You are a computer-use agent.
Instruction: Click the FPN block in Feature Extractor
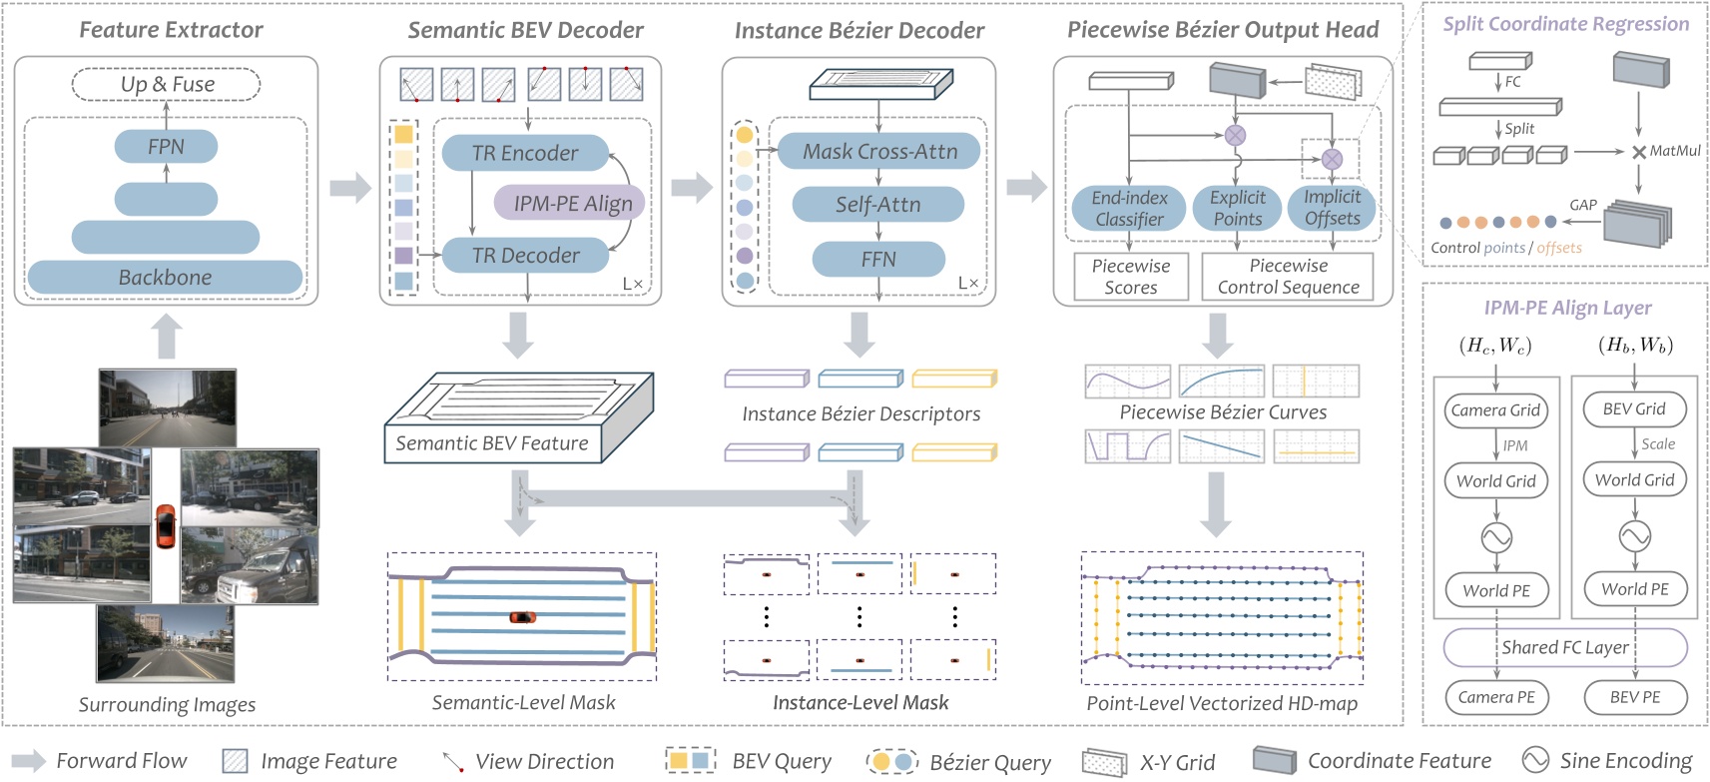tap(166, 147)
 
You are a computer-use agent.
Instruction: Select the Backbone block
tap(165, 278)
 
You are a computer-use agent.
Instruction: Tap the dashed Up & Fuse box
tap(167, 84)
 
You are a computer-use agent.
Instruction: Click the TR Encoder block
tap(525, 153)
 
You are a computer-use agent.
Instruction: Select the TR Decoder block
tap(525, 256)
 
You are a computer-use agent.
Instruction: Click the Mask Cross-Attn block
tap(878, 152)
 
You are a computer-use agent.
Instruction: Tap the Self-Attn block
tap(877, 205)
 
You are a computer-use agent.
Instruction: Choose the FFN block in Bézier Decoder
tap(878, 260)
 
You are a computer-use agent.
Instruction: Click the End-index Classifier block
tap(1129, 209)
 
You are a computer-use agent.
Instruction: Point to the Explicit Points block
tap(1238, 208)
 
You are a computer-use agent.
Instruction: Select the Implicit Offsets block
tap(1332, 208)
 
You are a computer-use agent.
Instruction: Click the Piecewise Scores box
tap(1130, 277)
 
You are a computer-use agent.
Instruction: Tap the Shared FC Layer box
tap(1564, 647)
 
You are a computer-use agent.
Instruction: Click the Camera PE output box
tap(1495, 697)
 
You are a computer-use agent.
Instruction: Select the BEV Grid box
tap(1634, 409)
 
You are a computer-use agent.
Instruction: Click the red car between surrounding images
tap(166, 526)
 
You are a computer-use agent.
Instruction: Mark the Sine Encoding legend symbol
tap(1535, 761)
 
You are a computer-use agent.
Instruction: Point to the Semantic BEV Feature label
tap(492, 443)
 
